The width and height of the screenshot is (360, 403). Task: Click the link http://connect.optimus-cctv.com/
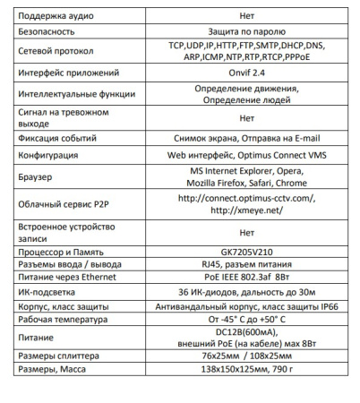[x=247, y=199]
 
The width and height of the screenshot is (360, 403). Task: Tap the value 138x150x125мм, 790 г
[x=247, y=370]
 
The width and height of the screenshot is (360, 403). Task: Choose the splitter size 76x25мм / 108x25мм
[x=247, y=356]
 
